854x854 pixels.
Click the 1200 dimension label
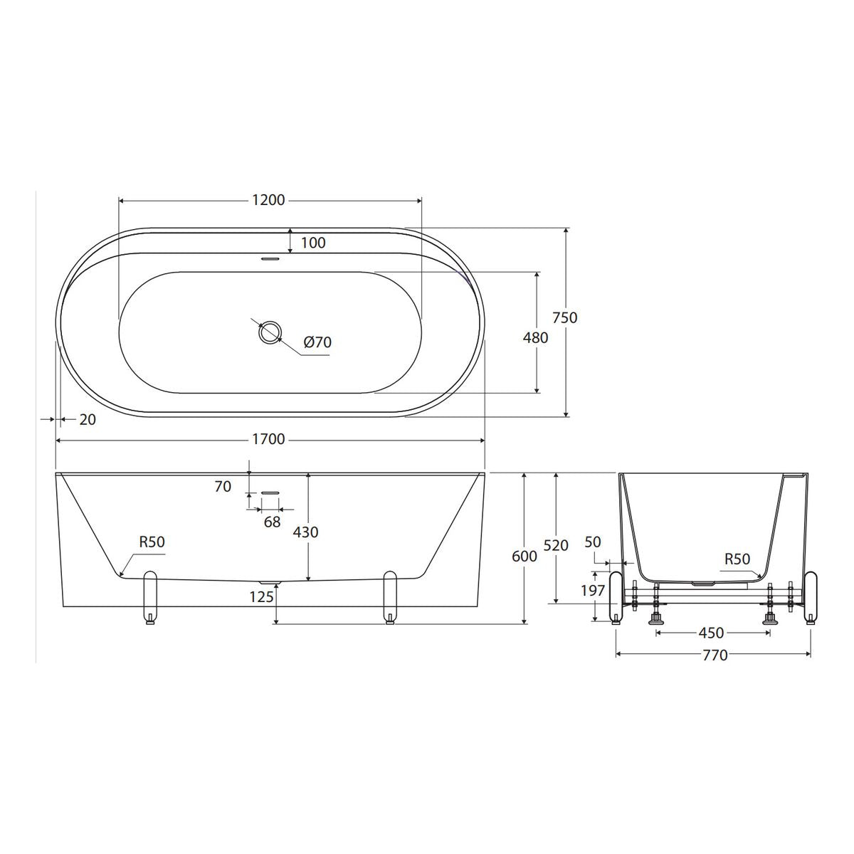coord(268,200)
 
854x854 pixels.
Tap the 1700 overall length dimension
coord(268,439)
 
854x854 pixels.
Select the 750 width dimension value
coord(565,317)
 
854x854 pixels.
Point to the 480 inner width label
coord(535,338)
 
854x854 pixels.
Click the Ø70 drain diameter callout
coord(317,342)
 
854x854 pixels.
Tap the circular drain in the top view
coord(270,332)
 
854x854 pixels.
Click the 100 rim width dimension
coord(313,243)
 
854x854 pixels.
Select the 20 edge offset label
coord(88,420)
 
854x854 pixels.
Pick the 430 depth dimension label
coord(306,532)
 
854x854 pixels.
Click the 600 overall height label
coord(524,557)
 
